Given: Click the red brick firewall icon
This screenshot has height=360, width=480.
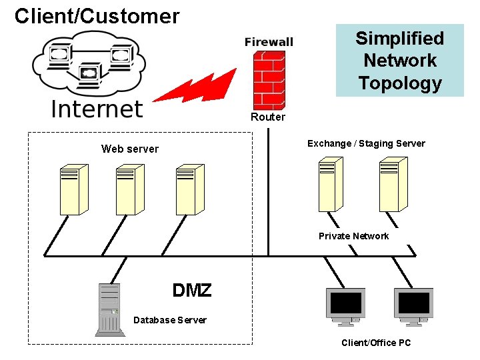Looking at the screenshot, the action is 269,80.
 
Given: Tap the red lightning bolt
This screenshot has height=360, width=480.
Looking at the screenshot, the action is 195,87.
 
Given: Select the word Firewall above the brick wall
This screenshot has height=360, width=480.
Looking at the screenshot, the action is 269,42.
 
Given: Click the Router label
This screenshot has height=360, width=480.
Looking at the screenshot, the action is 268,117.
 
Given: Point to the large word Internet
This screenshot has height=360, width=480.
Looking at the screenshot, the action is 97,109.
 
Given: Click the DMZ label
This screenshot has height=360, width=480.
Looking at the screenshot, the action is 192,290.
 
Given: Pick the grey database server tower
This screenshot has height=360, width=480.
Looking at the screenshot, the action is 110,310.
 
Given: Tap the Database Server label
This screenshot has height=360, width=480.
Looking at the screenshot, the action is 170,320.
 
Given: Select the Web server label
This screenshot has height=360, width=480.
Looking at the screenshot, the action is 130,149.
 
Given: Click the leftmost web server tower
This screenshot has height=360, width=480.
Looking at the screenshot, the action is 74,189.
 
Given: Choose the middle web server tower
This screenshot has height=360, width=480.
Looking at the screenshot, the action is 130,189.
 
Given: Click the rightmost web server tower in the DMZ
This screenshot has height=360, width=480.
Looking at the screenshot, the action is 190,189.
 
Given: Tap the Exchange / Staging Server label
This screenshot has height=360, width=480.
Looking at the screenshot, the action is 366,143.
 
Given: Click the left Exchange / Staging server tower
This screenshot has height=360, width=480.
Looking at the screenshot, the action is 331,184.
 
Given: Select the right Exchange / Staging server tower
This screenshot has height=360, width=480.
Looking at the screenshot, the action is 393,184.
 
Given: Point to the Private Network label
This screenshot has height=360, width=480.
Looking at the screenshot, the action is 353,236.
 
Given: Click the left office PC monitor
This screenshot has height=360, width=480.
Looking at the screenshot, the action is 345,307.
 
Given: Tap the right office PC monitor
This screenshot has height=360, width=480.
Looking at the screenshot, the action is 413,307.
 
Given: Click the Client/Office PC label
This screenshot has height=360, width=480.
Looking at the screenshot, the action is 376,343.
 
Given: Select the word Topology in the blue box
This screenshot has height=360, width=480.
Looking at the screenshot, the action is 400,83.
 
